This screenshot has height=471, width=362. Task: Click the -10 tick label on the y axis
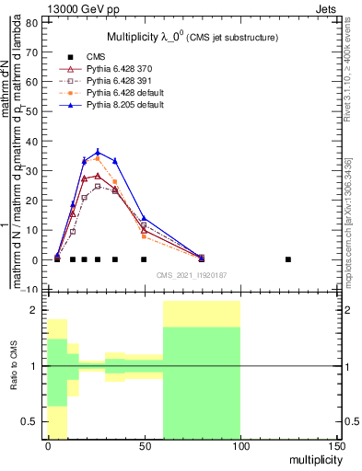30,291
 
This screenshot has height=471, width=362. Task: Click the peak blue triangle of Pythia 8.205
98,152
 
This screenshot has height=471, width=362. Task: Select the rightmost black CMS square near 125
287,259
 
